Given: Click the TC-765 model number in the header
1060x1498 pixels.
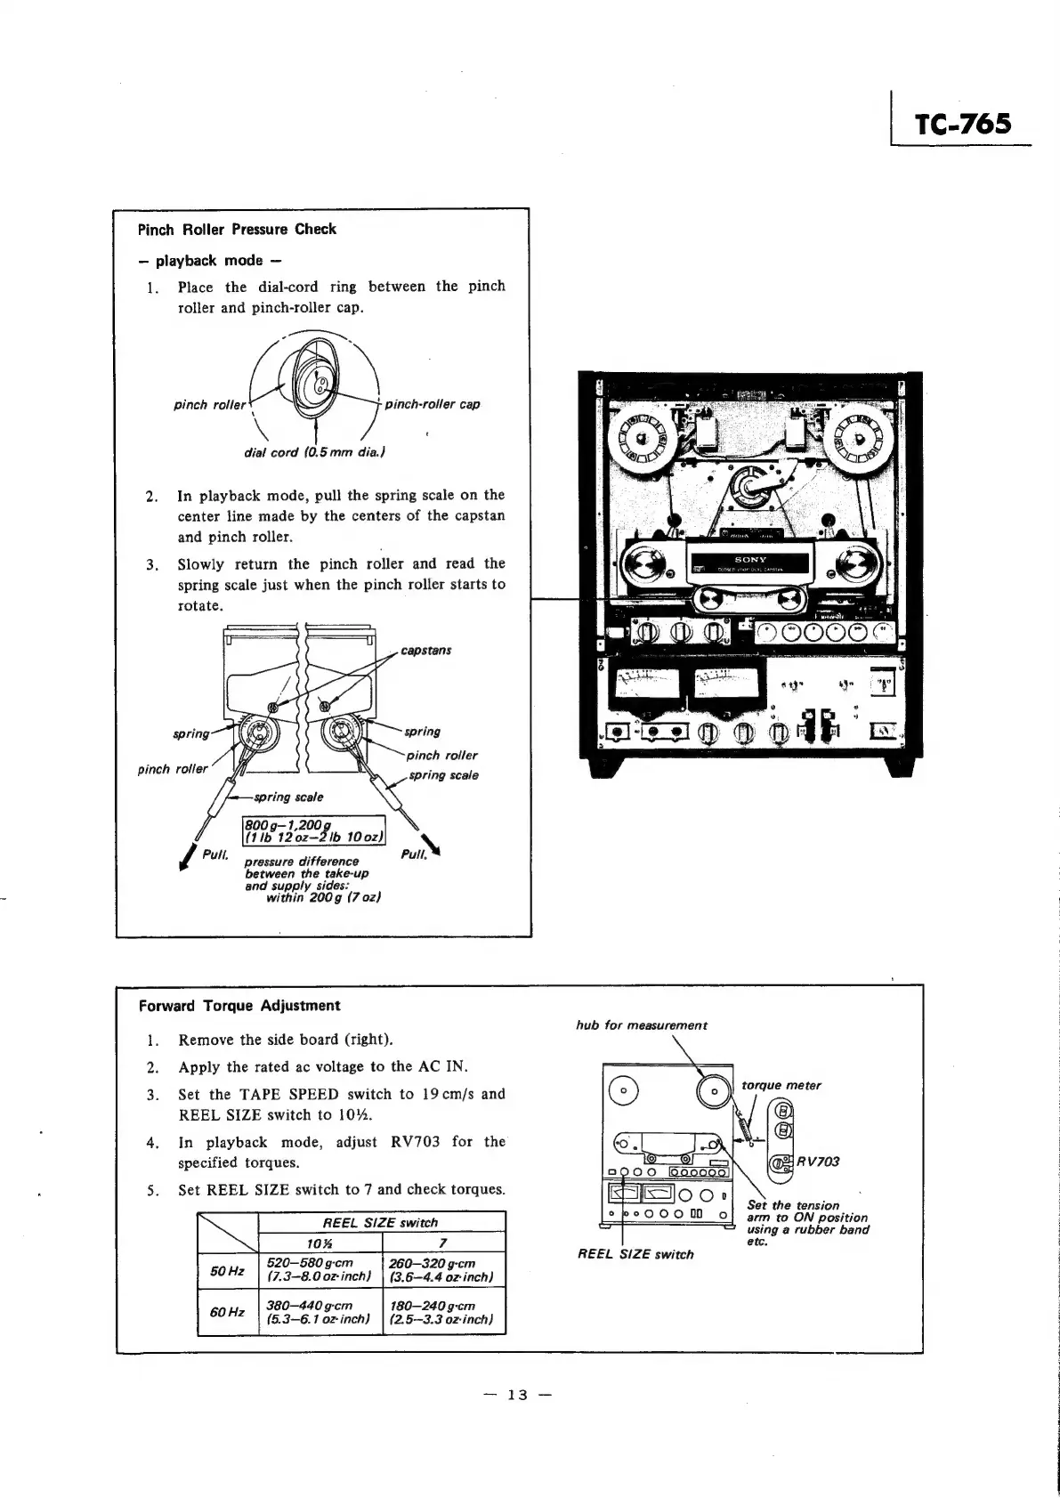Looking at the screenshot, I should pyautogui.click(x=964, y=124).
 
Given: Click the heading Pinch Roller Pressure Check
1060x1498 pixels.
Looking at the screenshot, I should pyautogui.click(x=237, y=229).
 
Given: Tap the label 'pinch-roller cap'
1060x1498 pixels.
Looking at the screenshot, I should pyautogui.click(x=433, y=404).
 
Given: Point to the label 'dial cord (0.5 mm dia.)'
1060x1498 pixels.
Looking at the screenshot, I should pyautogui.click(x=314, y=451).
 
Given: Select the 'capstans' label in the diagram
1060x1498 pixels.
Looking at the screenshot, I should pyautogui.click(x=426, y=650).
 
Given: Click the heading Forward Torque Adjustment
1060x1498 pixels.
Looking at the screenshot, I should pyautogui.click(x=239, y=1006).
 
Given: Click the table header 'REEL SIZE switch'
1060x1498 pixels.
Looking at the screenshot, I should pyautogui.click(x=380, y=1222).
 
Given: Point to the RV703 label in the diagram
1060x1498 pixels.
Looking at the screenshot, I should pyautogui.click(x=818, y=1161).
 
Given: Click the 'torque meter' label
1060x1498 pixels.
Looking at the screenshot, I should pyautogui.click(x=781, y=1085).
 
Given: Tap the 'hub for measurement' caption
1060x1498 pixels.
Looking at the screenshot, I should pyautogui.click(x=642, y=1025).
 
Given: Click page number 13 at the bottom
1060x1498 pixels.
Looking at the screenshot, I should pyautogui.click(x=517, y=1395).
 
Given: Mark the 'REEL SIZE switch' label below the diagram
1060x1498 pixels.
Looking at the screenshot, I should pyautogui.click(x=635, y=1254).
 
